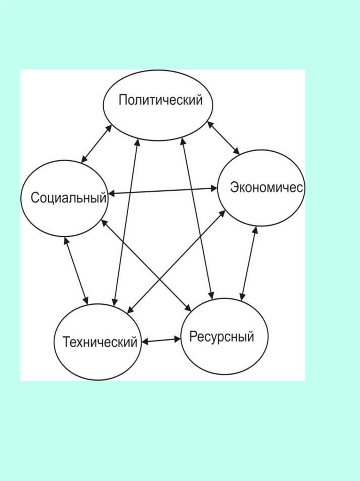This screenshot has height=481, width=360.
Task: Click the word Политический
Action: click(161, 101)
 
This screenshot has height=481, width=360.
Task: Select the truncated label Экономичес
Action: click(267, 187)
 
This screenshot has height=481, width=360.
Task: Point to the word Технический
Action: click(100, 341)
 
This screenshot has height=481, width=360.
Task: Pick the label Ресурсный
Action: click(222, 337)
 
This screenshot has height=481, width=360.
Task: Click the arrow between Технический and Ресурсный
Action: click(161, 340)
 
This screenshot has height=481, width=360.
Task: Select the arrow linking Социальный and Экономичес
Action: click(162, 191)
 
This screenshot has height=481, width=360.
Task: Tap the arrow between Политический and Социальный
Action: click(96, 144)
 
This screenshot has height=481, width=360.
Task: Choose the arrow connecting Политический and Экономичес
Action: click(223, 138)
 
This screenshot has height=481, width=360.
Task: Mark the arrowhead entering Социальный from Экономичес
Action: click(111, 193)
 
